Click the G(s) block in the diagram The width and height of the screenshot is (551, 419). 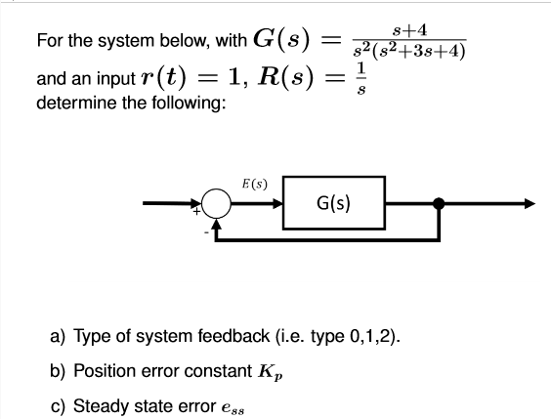(x=334, y=205)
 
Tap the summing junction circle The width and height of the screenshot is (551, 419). (x=218, y=205)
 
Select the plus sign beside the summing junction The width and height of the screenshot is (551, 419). (x=198, y=212)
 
